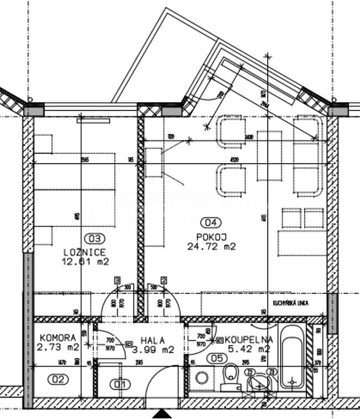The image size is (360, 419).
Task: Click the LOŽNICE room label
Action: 84,252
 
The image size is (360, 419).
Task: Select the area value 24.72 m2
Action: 211,246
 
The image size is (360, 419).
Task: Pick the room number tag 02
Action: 58,379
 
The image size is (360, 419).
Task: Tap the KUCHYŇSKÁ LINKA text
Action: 291,303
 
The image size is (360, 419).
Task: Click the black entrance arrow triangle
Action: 162,414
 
